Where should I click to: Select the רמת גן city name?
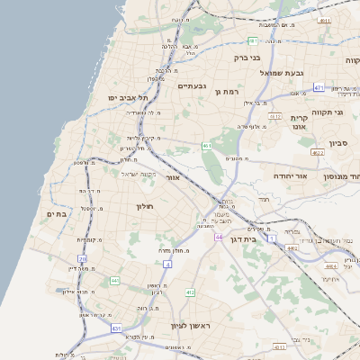(232, 92)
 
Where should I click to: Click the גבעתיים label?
(193, 86)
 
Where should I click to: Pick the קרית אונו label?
(299, 122)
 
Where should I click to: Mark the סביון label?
(338, 142)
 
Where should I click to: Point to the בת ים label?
(57, 213)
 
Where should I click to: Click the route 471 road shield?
(319, 87)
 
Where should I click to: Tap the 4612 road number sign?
(275, 116)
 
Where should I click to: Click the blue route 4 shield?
(167, 264)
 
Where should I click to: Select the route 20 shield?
(83, 259)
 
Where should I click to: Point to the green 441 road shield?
(114, 281)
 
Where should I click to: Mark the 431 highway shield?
(116, 329)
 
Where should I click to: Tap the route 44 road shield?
(219, 237)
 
